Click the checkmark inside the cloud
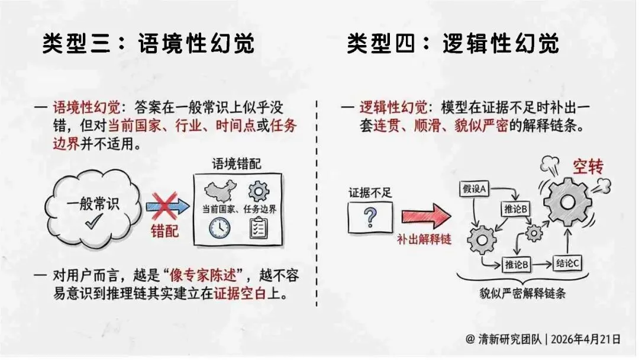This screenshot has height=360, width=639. [x=93, y=221]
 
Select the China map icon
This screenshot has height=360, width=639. [x=221, y=191]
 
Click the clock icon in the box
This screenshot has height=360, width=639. [x=220, y=229]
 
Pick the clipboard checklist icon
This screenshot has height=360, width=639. [x=258, y=228]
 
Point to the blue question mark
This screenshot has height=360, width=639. [x=370, y=217]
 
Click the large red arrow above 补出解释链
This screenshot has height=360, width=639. [x=425, y=216]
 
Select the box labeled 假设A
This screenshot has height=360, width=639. [x=474, y=189]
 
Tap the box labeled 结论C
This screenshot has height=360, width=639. [x=567, y=263]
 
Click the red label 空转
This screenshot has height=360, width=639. [x=588, y=166]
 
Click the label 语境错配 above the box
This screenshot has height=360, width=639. [x=236, y=164]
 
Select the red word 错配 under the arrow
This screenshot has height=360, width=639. [x=164, y=231]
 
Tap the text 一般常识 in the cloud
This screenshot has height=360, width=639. [x=93, y=204]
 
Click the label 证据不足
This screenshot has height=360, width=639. [x=370, y=193]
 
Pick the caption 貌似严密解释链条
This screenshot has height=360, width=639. [x=522, y=294]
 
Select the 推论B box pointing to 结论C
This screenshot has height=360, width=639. [x=517, y=265]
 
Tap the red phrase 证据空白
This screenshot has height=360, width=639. [x=240, y=294]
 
